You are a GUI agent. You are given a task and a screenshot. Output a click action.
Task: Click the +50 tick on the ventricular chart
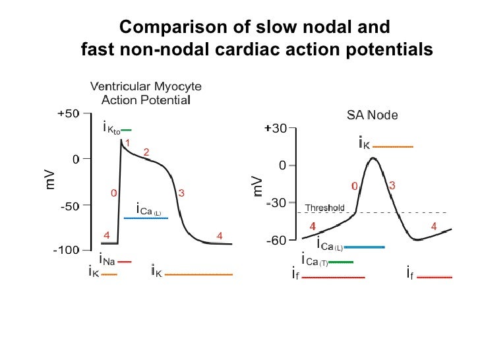(x=68, y=113)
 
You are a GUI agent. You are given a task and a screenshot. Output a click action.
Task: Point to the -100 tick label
(x=66, y=251)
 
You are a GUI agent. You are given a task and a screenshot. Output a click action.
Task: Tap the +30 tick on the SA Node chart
(x=275, y=129)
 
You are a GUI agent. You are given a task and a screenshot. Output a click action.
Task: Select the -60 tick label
(x=275, y=240)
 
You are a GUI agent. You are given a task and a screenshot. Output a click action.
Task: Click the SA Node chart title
(x=372, y=115)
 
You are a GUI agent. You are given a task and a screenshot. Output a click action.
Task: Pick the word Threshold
(x=324, y=208)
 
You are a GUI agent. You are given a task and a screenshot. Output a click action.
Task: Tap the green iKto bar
(x=127, y=130)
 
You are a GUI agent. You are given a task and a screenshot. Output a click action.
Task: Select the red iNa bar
(x=125, y=262)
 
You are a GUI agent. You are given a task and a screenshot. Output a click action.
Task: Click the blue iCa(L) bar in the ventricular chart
(x=146, y=218)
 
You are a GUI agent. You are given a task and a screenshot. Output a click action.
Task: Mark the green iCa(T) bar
(x=340, y=262)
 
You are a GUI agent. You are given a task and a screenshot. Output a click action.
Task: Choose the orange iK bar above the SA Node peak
(x=393, y=146)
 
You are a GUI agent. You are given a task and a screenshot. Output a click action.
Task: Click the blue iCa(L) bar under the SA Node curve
(x=365, y=247)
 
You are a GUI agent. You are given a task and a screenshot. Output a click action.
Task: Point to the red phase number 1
(x=127, y=142)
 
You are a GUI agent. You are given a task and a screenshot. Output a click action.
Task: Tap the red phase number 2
(x=146, y=152)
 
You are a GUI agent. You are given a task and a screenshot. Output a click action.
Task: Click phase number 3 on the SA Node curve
(x=392, y=186)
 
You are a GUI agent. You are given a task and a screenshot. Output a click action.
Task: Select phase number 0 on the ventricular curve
(x=113, y=193)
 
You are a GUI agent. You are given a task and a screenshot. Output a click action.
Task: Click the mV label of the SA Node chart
(x=258, y=186)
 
